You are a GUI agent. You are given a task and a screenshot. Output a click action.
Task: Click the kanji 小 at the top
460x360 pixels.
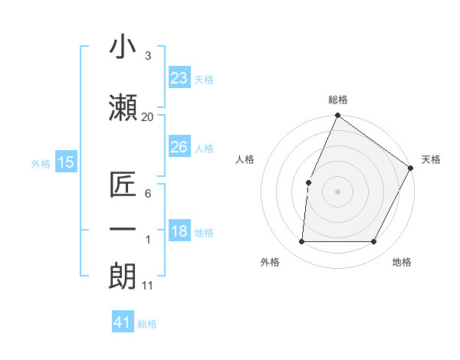tap(123, 47)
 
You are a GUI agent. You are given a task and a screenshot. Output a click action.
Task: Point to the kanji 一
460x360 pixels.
tap(123, 230)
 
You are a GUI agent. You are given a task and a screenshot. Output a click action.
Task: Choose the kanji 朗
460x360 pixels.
tap(123, 275)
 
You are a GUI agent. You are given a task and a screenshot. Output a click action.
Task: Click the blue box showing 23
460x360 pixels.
tap(179, 78)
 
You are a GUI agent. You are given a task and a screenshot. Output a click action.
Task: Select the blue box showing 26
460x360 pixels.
tap(179, 147)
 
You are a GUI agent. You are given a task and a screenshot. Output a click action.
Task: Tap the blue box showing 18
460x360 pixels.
tap(179, 232)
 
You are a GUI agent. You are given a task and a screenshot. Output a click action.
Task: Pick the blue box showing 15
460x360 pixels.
tap(66, 162)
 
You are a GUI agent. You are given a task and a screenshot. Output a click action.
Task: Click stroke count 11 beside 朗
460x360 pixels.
tap(147, 286)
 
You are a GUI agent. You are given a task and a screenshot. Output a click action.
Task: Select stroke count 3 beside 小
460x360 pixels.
tap(147, 57)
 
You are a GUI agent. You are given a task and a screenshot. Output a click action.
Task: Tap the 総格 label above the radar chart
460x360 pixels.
tap(337, 100)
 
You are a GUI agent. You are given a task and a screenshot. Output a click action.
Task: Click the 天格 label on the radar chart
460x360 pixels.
tap(431, 159)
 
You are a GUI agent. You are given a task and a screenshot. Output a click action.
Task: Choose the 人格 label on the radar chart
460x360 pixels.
tap(245, 159)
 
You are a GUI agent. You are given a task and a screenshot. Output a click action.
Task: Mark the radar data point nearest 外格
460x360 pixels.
tap(301, 241)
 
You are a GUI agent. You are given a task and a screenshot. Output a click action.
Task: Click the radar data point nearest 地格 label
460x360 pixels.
tap(373, 241)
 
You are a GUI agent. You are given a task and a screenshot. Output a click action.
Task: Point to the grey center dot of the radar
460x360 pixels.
tap(337, 191)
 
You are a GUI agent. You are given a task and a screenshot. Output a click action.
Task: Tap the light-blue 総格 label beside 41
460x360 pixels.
tap(147, 324)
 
